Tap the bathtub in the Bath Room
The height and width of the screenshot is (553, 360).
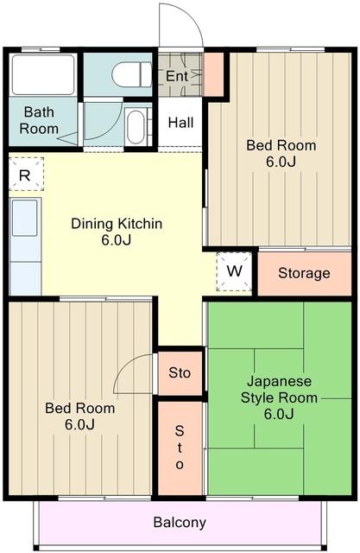pos(43,74)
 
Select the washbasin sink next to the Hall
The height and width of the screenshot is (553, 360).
pos(136,127)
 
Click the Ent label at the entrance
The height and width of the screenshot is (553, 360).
pos(177,76)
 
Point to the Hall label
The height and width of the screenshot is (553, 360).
pos(180,123)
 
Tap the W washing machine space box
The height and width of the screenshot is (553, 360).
pos(234,271)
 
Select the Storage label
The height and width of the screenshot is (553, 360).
pos(304,273)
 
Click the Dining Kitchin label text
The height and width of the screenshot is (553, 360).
pos(117,224)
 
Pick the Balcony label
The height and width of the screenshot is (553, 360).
pos(180,522)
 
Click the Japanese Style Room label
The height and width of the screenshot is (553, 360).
pos(279,390)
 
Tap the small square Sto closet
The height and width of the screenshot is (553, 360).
pos(180,373)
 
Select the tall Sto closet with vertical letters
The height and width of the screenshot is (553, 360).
pos(180,448)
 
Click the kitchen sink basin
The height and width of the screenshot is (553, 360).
pos(25,218)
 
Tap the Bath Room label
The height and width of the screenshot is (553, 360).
pos(39,120)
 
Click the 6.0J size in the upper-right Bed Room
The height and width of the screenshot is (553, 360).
pos(281,162)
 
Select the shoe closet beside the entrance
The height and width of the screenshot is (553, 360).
pos(214,74)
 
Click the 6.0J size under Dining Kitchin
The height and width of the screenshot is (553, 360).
pos(117,240)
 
